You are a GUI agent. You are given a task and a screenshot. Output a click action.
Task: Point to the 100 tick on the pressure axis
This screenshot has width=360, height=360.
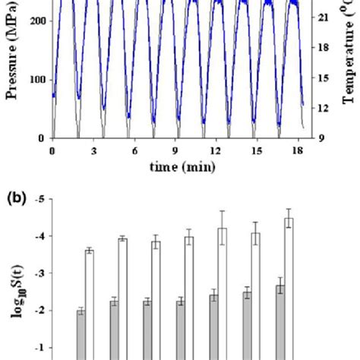pyautogui.click(x=35, y=80)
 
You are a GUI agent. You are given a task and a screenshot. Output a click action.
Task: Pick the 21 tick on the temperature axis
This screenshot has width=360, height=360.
pyautogui.click(x=322, y=14)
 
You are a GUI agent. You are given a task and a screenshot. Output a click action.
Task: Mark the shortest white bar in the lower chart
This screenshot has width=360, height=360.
pyautogui.click(x=89, y=304)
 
